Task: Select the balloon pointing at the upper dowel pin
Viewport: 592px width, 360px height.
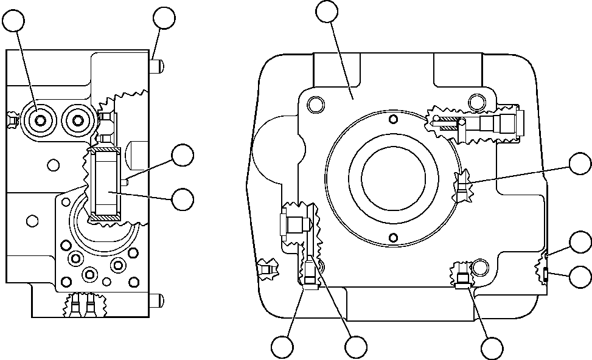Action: coord(164,18)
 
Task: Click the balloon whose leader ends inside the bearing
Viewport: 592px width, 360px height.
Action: coord(183,198)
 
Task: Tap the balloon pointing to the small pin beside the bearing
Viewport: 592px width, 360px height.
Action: coord(183,156)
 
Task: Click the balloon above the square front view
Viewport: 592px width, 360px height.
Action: coord(328,12)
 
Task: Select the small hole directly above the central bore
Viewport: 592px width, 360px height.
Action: coord(394,119)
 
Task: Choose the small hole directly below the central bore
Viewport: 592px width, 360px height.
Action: coord(394,237)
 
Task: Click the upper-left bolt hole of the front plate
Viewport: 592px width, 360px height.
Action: coord(316,105)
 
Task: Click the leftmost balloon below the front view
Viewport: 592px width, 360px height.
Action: coord(283,347)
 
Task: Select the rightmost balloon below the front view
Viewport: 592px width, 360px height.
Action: coord(492,347)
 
